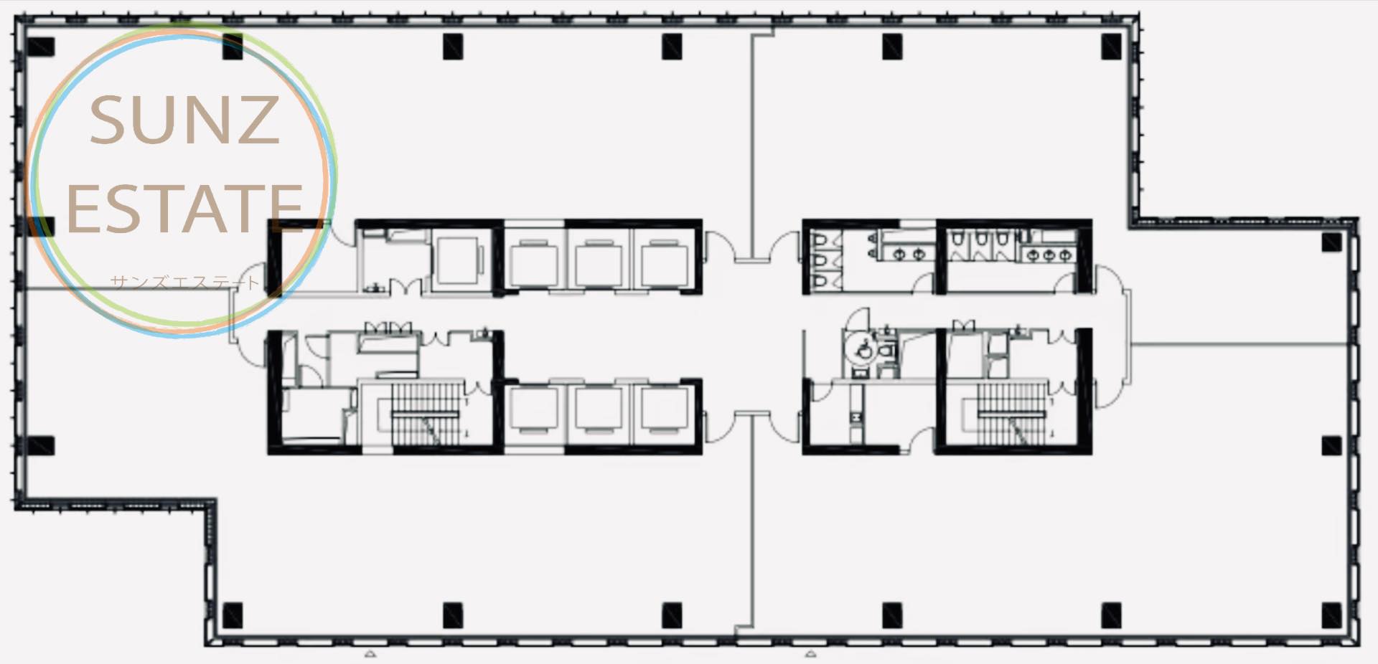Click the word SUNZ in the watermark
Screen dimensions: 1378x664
184,120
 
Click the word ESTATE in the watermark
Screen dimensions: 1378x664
184,208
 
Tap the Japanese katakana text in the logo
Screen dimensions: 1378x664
185,282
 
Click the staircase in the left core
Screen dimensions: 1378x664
424,414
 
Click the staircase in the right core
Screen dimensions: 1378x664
1011,414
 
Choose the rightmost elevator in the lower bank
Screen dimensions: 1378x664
665,410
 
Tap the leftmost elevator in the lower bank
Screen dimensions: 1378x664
533,410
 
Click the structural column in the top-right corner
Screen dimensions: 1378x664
1111,46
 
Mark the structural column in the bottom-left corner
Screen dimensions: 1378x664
233,615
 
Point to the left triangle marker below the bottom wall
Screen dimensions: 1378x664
370,654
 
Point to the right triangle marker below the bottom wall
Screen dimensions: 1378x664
811,654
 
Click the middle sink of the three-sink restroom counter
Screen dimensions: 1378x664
1049,255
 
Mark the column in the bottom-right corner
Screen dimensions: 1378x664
1331,615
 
